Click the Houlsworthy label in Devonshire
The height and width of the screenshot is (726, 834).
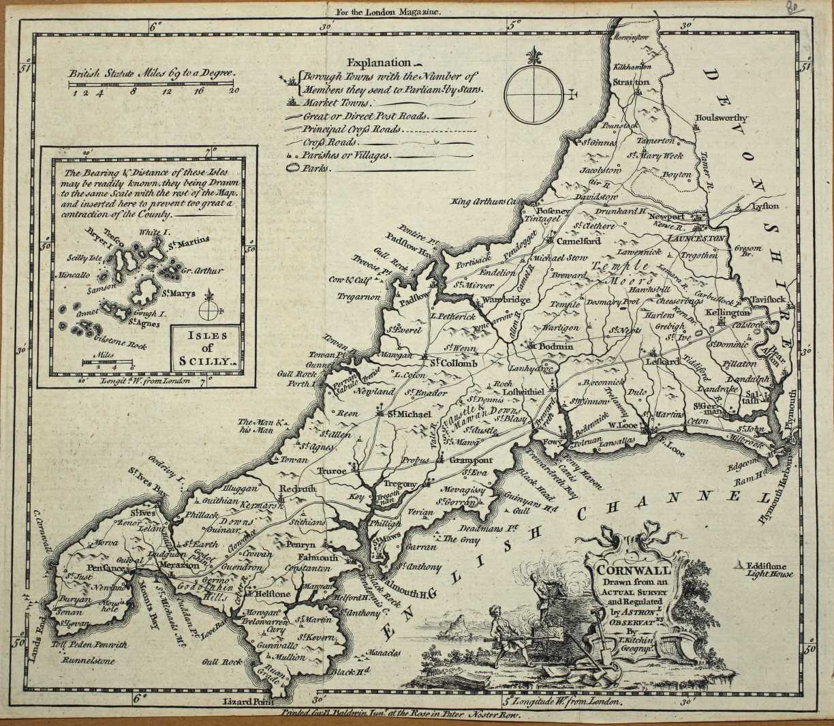[720, 117]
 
